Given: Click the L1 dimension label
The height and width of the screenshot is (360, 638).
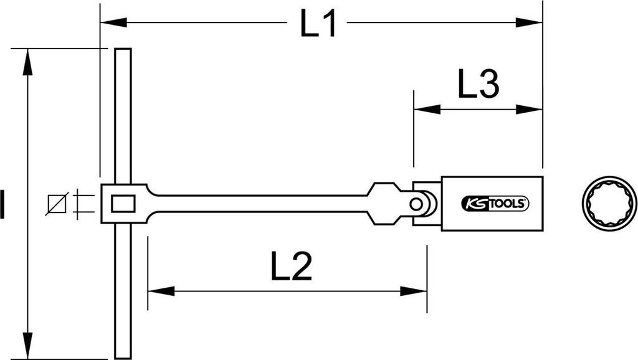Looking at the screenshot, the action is (x=318, y=24).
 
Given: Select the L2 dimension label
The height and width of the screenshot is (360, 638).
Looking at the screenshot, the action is (x=292, y=266).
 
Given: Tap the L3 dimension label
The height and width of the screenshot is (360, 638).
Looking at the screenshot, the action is (x=478, y=84).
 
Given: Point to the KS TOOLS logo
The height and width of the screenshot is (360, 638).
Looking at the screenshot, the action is (x=495, y=204).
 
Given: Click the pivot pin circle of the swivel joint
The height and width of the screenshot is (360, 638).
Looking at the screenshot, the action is (x=416, y=204).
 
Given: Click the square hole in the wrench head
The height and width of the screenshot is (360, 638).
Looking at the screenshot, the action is (x=123, y=204).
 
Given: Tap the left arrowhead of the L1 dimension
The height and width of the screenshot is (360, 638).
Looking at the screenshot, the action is (x=113, y=22).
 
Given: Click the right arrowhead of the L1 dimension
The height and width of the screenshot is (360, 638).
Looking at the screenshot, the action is (x=529, y=22).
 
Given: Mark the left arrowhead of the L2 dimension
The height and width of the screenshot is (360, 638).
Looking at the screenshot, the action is (x=161, y=291).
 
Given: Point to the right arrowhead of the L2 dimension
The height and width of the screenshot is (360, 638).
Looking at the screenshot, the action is (x=414, y=291).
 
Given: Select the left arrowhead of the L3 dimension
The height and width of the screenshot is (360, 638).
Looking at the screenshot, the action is (x=427, y=109).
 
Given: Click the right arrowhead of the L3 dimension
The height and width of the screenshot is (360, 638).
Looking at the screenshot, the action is (x=529, y=109).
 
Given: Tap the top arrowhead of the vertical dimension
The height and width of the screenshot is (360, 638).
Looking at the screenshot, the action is (x=27, y=62).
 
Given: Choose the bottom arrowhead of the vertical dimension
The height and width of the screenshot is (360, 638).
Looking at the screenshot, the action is (x=27, y=346).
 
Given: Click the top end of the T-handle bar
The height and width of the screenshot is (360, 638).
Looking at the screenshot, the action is (x=123, y=49).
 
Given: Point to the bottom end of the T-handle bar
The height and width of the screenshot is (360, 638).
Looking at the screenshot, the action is (x=123, y=358).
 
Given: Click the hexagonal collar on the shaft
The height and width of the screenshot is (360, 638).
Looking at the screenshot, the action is (x=383, y=204).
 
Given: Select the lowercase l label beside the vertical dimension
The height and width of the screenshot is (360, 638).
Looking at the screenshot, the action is (x=2, y=204).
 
